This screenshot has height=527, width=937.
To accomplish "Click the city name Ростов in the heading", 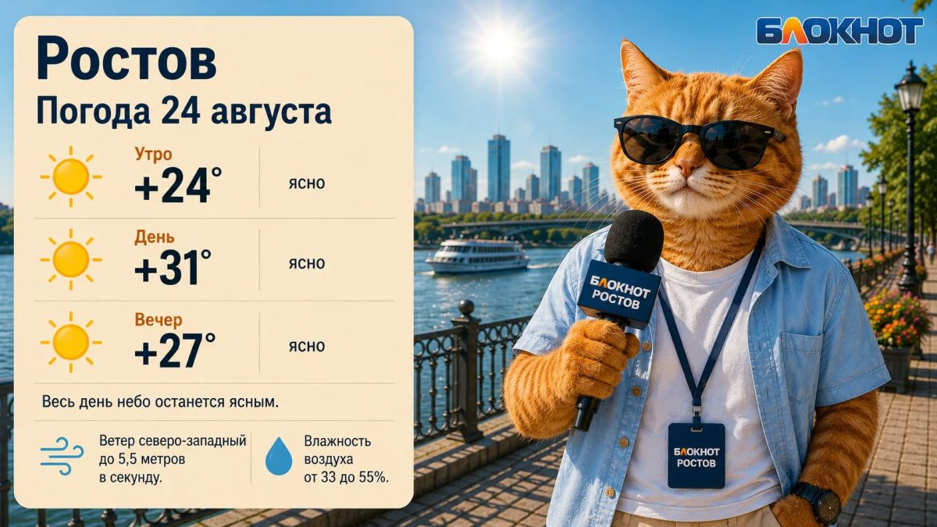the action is point(126,59).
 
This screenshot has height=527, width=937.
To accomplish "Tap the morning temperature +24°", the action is point(178,185).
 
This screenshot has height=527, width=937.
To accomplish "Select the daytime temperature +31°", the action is point(173,267).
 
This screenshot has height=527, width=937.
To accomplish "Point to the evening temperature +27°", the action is point(175,350).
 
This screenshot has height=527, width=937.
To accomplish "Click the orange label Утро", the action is point(153,155).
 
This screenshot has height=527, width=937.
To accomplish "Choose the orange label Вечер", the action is point(159,320).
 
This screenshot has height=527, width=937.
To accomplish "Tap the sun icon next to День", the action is point(71,259).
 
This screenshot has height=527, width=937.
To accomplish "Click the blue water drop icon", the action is point(279,456).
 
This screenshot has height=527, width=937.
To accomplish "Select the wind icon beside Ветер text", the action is point(62,456).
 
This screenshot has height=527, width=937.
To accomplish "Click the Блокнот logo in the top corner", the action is point(839,30).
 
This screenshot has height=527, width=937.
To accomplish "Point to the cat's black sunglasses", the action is point(698,142).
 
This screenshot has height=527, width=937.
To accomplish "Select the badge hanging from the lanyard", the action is point(696,455).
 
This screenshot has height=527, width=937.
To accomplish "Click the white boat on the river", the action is point(477,256).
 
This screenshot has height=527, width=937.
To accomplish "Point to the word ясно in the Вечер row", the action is point(307,347).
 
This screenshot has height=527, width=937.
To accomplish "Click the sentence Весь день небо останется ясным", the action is point(160,402).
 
